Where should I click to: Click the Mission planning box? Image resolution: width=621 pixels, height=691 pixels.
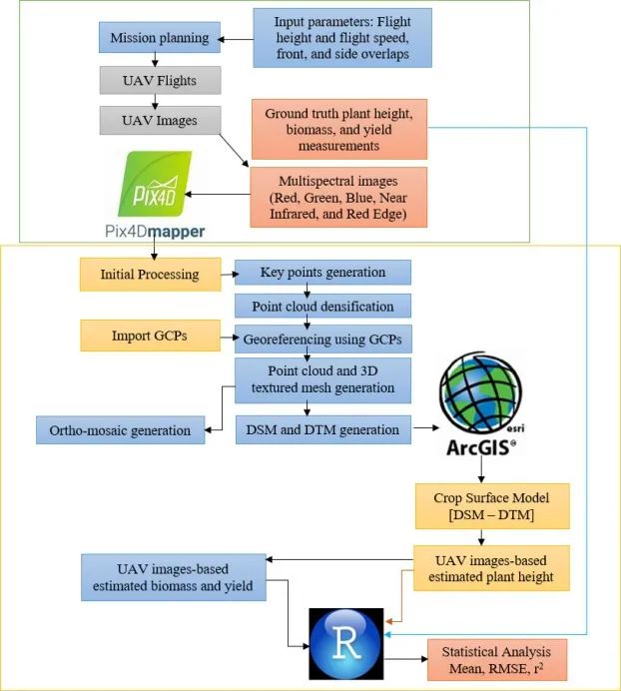click(x=160, y=39)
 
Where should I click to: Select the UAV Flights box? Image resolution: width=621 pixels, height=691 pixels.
click(x=160, y=80)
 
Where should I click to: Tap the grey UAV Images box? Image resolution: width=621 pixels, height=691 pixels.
click(x=160, y=120)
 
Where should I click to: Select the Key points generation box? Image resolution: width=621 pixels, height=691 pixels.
click(x=322, y=272)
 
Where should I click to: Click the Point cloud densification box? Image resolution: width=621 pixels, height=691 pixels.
click(x=322, y=305)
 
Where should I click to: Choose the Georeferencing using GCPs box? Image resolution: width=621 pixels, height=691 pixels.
click(x=322, y=339)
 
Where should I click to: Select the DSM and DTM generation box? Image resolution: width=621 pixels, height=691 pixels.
click(x=322, y=430)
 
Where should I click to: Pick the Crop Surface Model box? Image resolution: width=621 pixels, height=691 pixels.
click(x=493, y=506)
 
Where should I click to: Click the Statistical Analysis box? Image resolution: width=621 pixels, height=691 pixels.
click(x=496, y=659)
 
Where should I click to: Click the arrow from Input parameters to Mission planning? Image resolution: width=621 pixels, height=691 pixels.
click(x=235, y=39)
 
